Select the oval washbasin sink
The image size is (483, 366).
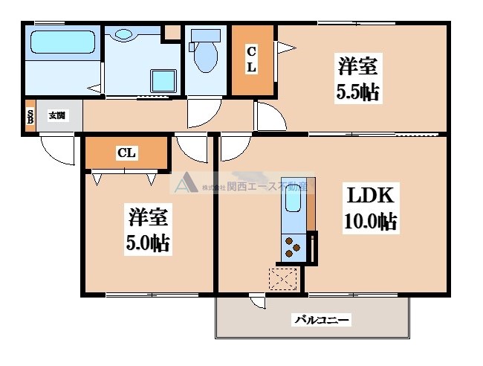pos(123,33)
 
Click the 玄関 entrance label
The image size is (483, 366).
pos(57,115)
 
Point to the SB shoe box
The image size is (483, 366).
pos(30,116)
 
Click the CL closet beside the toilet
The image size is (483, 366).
pos(252,60)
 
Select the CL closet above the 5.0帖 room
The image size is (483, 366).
pos(126,153)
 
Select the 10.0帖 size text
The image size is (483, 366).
pos(369,222)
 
